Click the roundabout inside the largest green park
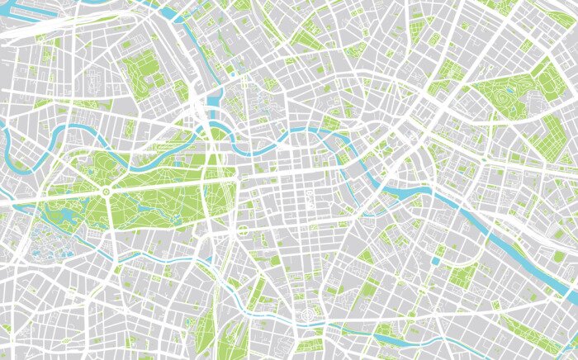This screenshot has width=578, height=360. [x=106, y=192]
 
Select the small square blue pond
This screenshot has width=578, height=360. [x=435, y=261]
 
